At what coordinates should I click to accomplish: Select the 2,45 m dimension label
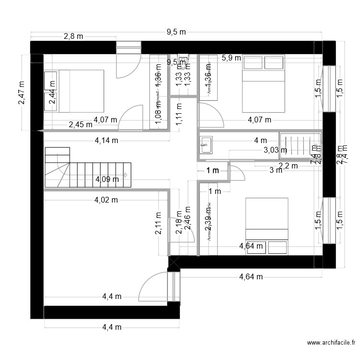click(80, 124)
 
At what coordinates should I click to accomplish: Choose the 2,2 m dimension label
click(288, 166)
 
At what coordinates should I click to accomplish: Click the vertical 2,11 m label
click(158, 224)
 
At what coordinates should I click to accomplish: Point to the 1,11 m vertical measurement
click(179, 115)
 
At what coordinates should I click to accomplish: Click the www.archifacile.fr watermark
click(331, 343)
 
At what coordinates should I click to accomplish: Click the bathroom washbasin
click(206, 144)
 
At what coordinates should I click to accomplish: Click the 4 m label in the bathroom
click(260, 140)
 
